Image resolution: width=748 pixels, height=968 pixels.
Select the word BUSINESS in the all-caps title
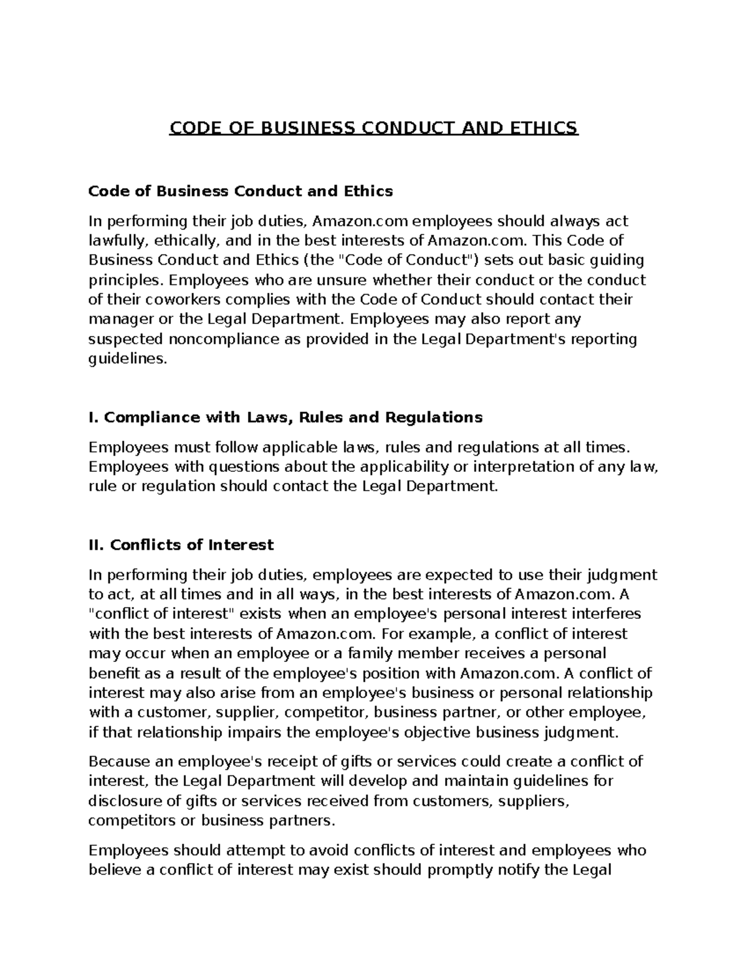(290, 128)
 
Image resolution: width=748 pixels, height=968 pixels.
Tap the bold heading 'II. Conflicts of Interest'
(181, 545)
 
